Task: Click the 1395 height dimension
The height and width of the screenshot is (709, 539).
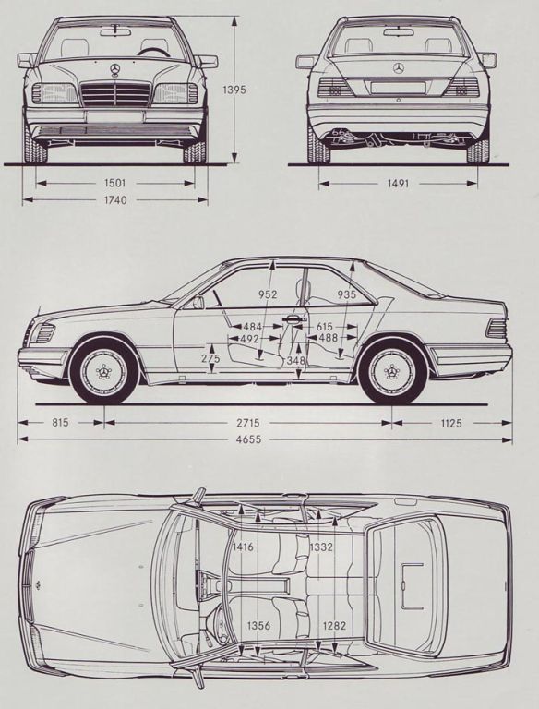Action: click(234, 90)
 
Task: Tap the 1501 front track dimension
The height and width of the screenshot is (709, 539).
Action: click(114, 183)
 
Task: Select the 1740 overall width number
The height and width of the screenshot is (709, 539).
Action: click(114, 199)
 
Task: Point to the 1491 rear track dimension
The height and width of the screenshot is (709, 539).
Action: click(398, 183)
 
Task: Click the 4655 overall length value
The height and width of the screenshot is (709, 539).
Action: click(248, 439)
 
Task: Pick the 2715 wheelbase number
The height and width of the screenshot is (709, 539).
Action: click(248, 423)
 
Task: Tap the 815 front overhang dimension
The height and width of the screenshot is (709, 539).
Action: click(60, 422)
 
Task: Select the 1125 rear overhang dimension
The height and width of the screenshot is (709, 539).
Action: click(450, 423)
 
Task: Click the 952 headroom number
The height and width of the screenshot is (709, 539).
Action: click(268, 294)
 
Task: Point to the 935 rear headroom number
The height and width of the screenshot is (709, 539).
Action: click(347, 294)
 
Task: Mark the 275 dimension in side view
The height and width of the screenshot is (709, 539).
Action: click(210, 358)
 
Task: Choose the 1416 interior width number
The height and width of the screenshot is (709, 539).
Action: click(243, 547)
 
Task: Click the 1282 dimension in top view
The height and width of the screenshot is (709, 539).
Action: click(334, 625)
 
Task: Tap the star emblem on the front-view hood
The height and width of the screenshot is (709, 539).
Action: click(114, 69)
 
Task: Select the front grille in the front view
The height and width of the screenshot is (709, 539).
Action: click(114, 94)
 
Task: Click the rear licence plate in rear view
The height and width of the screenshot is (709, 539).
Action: click(398, 88)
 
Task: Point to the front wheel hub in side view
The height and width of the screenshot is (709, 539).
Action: click(105, 372)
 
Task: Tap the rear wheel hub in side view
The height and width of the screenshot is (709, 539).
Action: click(392, 372)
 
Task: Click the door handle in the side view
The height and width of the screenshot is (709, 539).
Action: click(293, 319)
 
